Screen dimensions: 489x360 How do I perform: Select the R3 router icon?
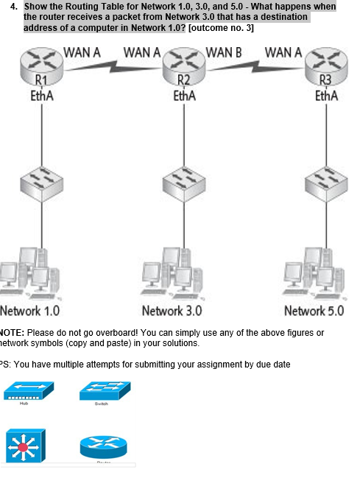click(x=325, y=65)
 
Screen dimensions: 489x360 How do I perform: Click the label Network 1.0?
click(x=30, y=310)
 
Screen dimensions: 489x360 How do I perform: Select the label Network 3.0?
click(x=172, y=310)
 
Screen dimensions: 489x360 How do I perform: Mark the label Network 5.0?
click(x=314, y=310)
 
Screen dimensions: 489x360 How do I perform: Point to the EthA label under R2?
click(x=183, y=96)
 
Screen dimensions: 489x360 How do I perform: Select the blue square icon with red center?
click(x=24, y=445)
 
